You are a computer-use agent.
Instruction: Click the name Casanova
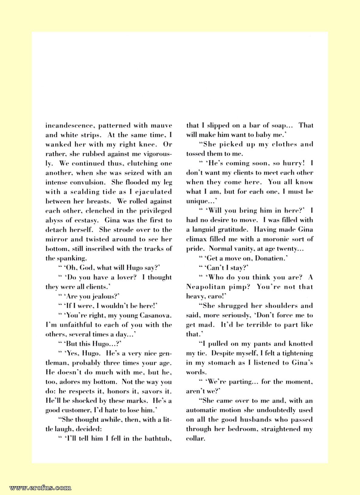click(x=156, y=315)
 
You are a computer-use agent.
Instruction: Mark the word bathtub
click(x=156, y=439)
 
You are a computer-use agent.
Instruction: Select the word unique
click(x=196, y=201)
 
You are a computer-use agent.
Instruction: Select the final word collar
click(x=195, y=439)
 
